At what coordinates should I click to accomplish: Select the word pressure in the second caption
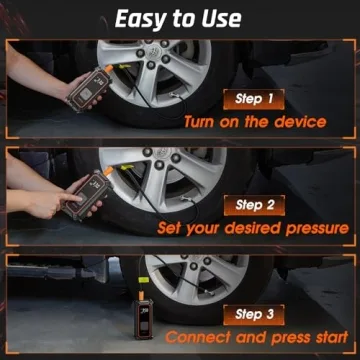point(311,228)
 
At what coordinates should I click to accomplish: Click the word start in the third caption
point(325,337)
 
